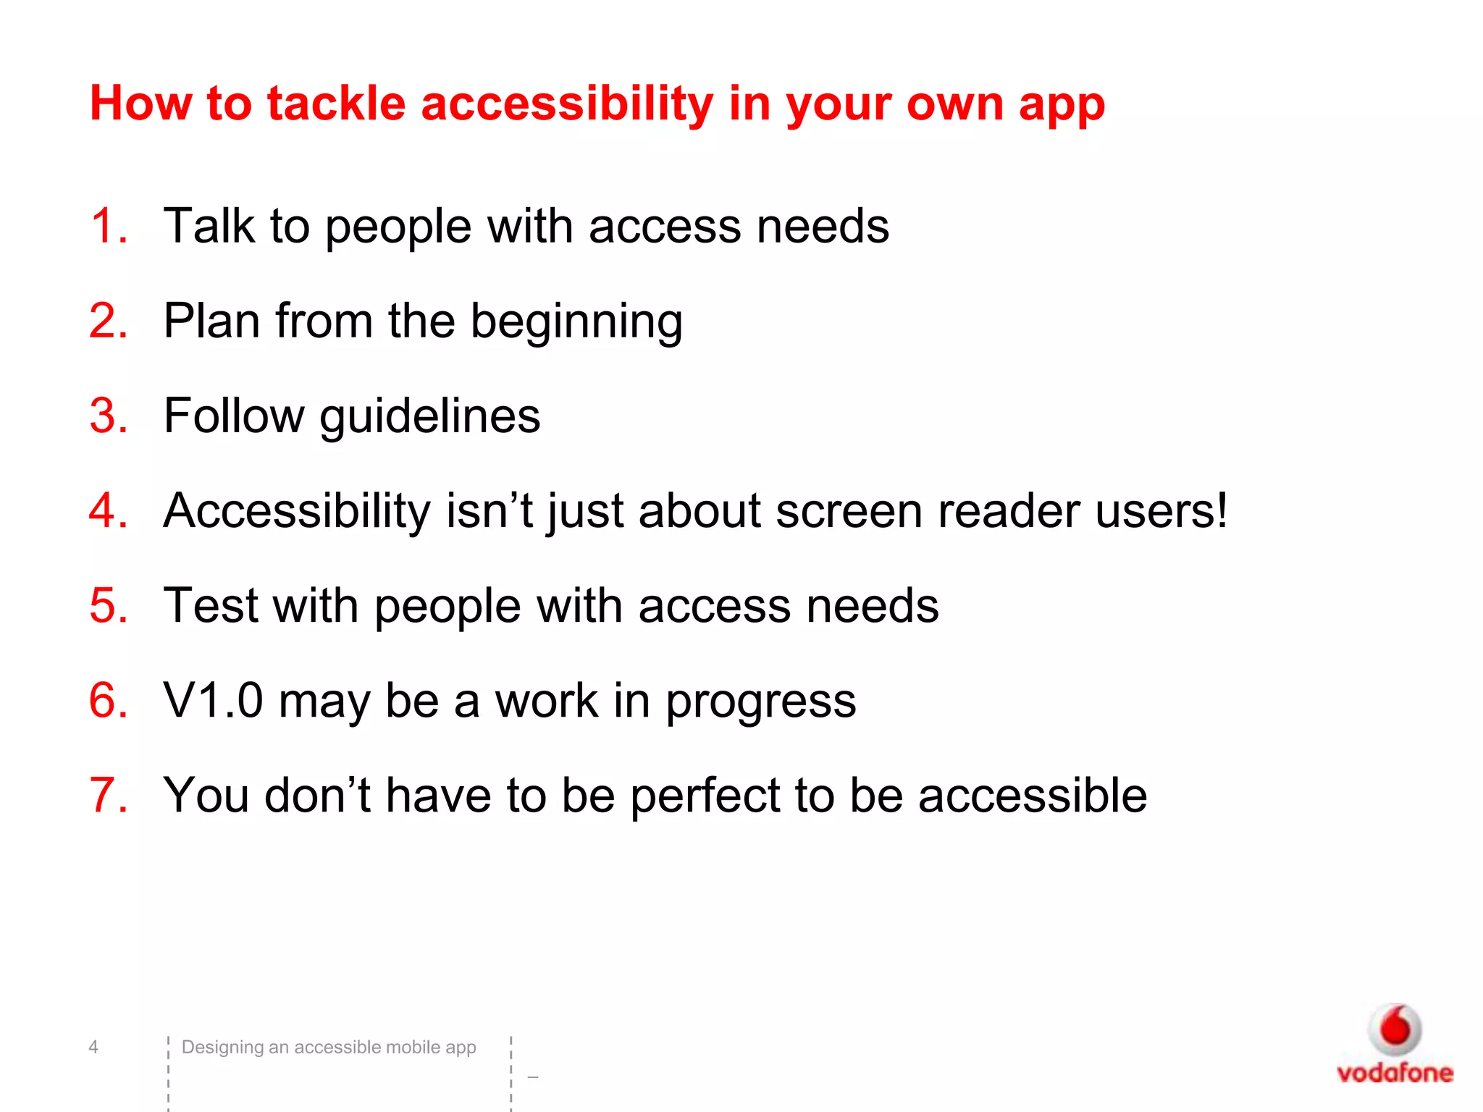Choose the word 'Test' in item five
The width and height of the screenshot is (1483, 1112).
click(210, 605)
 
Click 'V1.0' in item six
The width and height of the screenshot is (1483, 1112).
click(213, 700)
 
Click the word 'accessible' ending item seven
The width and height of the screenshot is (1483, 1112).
click(1033, 796)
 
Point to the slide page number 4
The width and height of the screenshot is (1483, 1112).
click(93, 1047)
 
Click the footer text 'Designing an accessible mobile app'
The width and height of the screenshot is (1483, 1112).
click(329, 1048)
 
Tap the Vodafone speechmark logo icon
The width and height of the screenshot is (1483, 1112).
click(1395, 1029)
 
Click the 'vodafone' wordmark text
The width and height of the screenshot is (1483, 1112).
click(1395, 1072)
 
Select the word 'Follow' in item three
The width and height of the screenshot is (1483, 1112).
click(234, 416)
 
